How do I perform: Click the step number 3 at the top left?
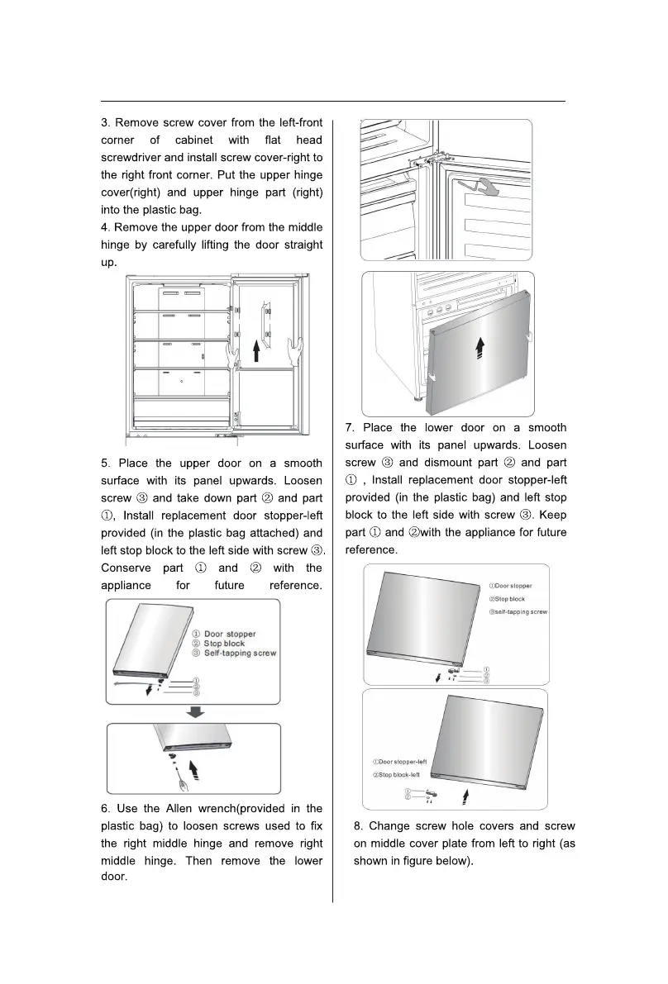(x=105, y=123)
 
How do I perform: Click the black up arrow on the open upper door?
(x=257, y=353)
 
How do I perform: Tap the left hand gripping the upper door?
(x=231, y=354)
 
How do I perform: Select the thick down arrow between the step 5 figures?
(x=193, y=712)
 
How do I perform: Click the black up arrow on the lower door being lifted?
(x=478, y=350)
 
